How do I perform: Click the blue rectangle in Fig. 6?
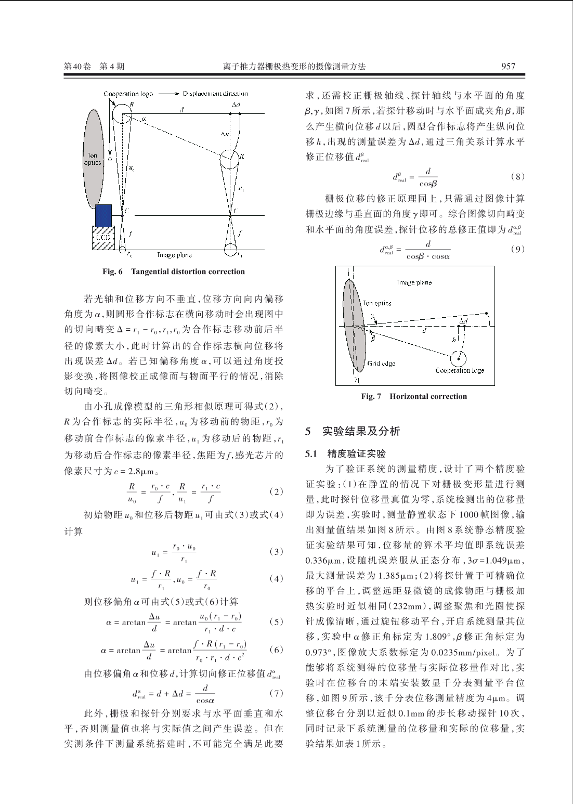pos(103,215)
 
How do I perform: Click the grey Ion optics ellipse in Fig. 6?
pos(93,159)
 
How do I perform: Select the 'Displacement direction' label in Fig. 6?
pos(215,94)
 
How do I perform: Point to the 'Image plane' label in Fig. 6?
pos(174,255)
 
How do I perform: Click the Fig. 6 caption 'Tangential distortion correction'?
pos(188,271)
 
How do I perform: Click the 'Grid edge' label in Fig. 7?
pos(381,364)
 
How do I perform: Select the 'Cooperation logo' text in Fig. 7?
pos(460,370)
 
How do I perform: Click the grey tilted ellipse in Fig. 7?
pos(355,326)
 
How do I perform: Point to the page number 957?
pos(508,66)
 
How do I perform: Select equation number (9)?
pos(517,249)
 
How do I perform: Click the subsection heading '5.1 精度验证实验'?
pos(345,453)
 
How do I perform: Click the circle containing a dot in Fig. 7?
pos(458,358)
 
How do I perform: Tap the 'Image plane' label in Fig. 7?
pos(414,282)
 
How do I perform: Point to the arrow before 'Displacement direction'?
pos(168,94)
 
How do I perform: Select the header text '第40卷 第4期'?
pos(94,66)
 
